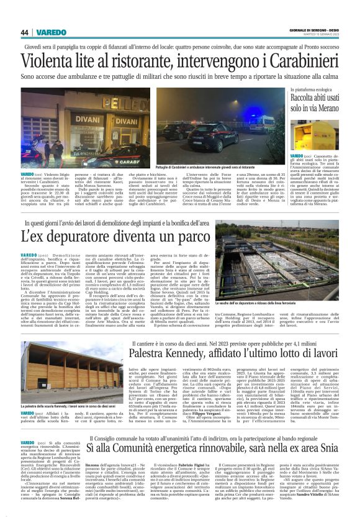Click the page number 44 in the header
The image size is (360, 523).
pyautogui.click(x=25, y=32)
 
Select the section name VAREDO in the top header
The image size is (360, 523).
pyautogui.click(x=50, y=32)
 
